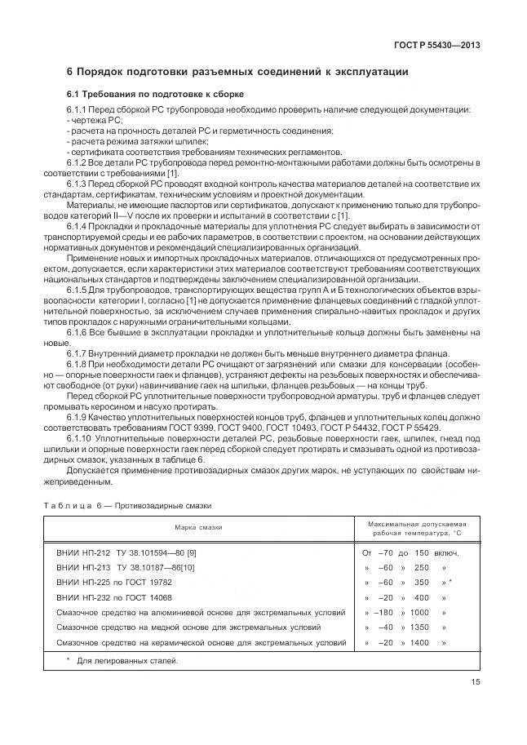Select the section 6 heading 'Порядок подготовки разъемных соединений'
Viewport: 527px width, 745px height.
237,72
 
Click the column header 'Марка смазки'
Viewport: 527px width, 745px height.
199,527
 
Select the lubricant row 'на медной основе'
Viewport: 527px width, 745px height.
188,627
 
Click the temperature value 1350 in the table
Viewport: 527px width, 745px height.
419,627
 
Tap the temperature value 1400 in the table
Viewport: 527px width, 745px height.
419,642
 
